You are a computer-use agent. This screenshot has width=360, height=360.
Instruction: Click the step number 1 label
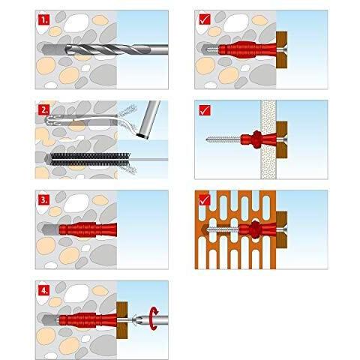(x=44, y=20)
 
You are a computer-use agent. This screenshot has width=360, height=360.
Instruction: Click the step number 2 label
(x=44, y=110)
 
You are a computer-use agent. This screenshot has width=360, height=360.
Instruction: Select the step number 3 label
(x=44, y=200)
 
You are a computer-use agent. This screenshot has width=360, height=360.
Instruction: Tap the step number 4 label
(x=44, y=290)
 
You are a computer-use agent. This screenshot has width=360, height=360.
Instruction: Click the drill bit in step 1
(x=116, y=49)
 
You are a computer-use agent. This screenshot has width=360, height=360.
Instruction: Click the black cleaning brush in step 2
(x=90, y=159)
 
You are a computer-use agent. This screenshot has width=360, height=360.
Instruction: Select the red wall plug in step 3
(x=88, y=229)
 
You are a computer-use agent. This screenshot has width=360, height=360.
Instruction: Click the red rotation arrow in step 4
(x=154, y=319)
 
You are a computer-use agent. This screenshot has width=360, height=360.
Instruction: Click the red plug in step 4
(x=88, y=320)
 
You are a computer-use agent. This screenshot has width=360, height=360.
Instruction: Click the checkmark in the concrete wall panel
(x=205, y=19)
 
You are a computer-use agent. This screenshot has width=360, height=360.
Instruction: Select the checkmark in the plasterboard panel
(x=205, y=110)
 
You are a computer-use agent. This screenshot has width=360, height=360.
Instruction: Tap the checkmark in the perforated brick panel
(x=205, y=200)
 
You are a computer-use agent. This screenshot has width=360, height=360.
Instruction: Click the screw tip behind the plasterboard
(x=208, y=139)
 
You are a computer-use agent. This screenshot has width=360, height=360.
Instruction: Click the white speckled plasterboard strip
(x=268, y=139)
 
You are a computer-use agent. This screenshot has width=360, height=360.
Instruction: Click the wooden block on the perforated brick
(x=281, y=229)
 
